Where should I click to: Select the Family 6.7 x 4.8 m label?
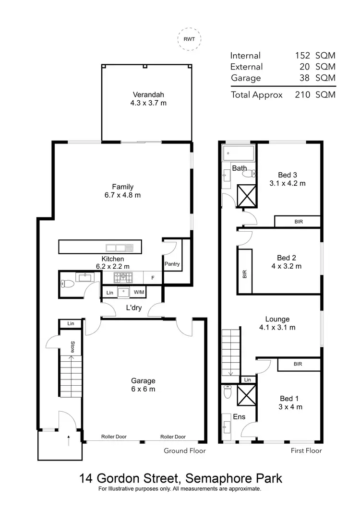tap(123, 191)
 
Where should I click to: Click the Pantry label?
tap(172, 264)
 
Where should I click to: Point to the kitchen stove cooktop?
tap(123, 277)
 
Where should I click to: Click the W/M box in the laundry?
tap(139, 292)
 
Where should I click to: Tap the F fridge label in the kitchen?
tap(153, 277)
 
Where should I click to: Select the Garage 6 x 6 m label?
tap(143, 385)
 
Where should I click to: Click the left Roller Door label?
tap(114, 437)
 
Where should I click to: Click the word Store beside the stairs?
tap(72, 347)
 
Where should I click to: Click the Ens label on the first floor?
tap(239, 416)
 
